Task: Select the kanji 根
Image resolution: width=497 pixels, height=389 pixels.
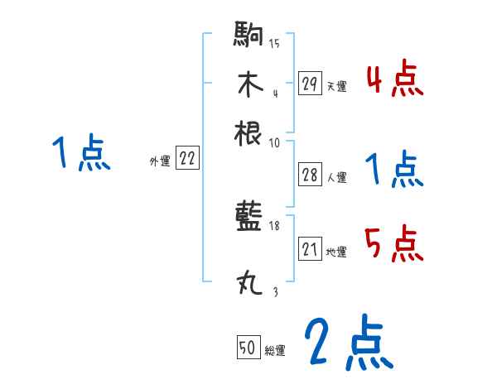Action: click(249, 132)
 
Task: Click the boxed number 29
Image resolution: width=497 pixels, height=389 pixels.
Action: click(310, 84)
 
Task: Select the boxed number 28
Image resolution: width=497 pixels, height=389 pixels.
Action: click(310, 175)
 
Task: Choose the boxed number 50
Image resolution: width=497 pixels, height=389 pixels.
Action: click(248, 348)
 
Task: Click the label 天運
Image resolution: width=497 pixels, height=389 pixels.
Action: click(336, 86)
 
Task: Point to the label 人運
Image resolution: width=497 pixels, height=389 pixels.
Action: click(336, 177)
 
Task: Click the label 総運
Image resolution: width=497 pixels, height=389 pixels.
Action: click(275, 351)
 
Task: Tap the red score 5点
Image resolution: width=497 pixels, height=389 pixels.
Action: click(394, 244)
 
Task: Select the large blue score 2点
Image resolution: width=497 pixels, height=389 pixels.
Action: click(348, 342)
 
